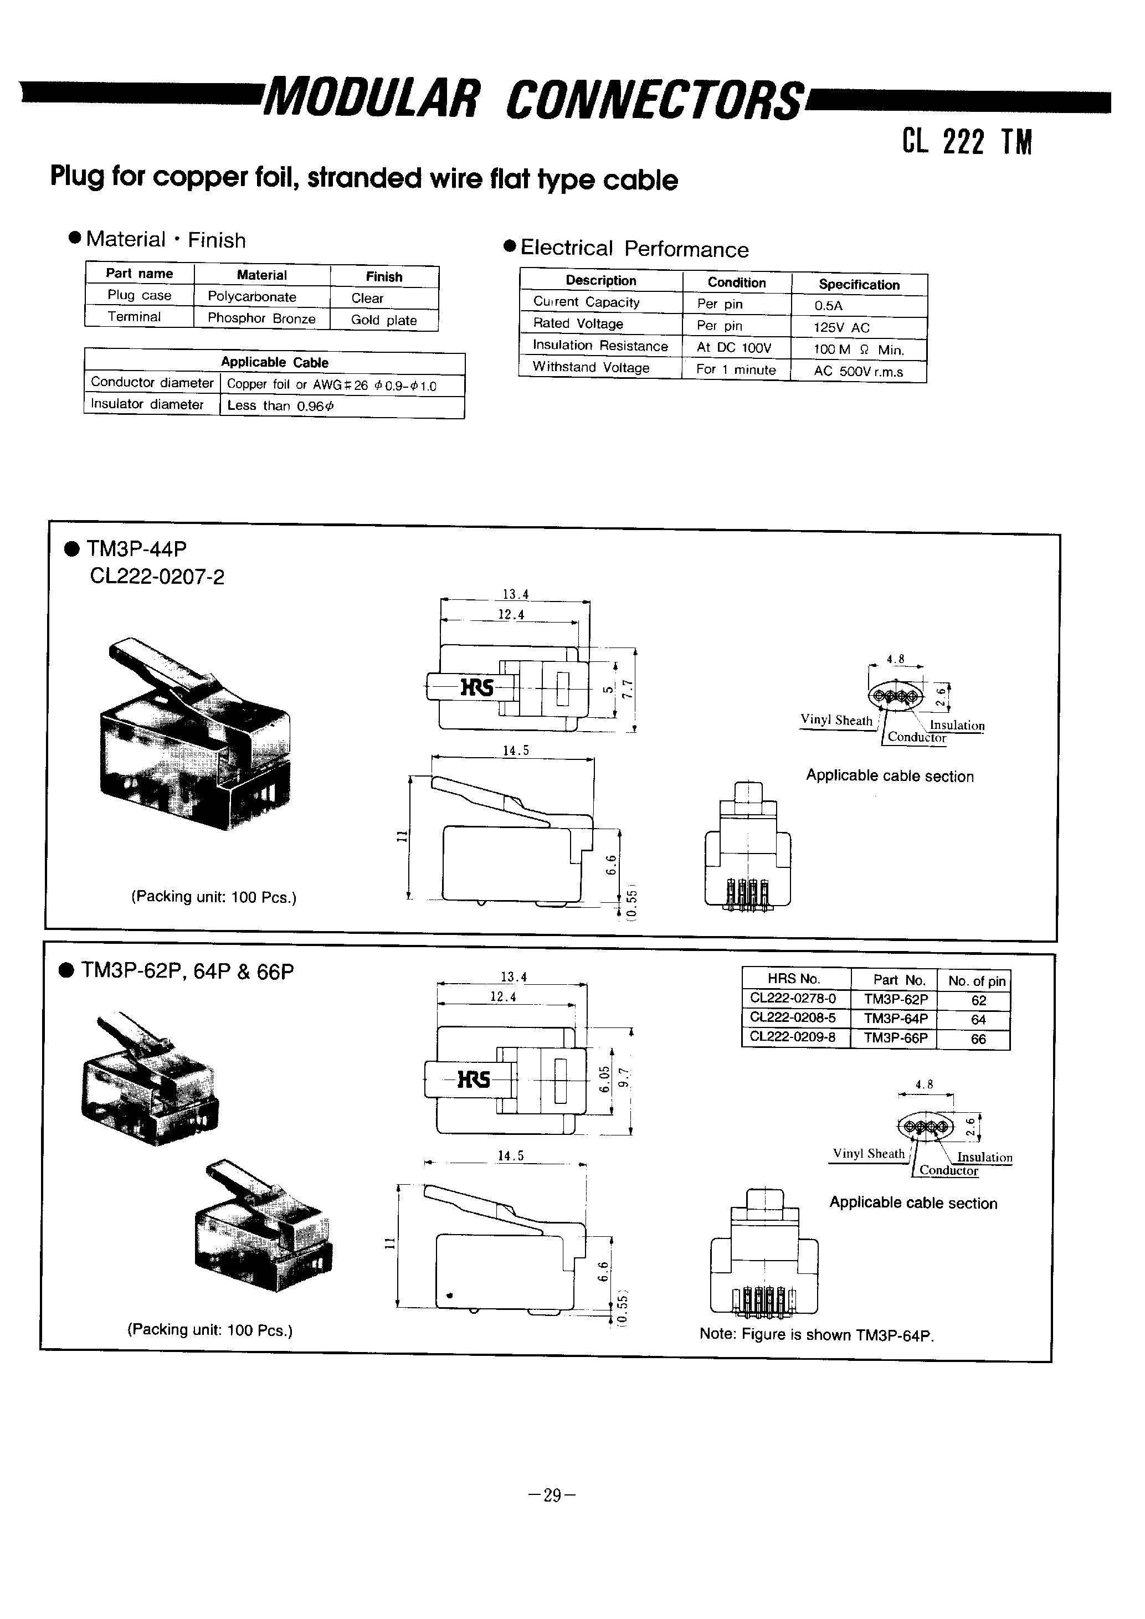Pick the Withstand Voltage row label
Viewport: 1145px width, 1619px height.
[591, 367]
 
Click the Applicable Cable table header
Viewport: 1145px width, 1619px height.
[274, 362]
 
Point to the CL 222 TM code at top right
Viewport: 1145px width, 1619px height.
[967, 142]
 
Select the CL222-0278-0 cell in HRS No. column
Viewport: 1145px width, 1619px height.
[793, 999]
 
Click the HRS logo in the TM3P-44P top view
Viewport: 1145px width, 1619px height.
[476, 687]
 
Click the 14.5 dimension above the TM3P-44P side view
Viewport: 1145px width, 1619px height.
[515, 751]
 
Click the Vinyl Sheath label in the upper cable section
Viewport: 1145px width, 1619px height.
[836, 721]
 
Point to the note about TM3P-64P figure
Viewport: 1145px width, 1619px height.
[816, 1335]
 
